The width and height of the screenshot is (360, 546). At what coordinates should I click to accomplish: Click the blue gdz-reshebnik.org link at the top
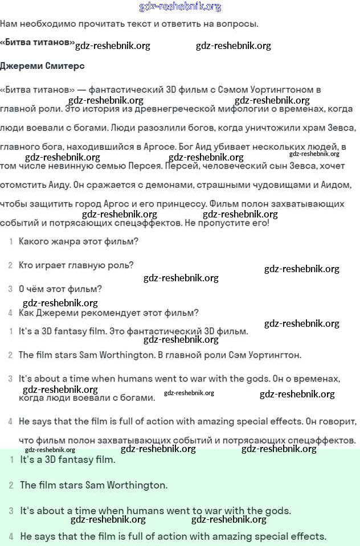[180, 7]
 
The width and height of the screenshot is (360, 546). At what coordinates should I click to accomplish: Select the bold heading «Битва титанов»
[38, 43]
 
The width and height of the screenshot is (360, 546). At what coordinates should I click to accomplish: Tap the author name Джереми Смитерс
[42, 66]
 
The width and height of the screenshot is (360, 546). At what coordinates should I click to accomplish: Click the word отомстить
[24, 185]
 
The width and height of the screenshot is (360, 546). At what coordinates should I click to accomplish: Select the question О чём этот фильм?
[60, 289]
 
